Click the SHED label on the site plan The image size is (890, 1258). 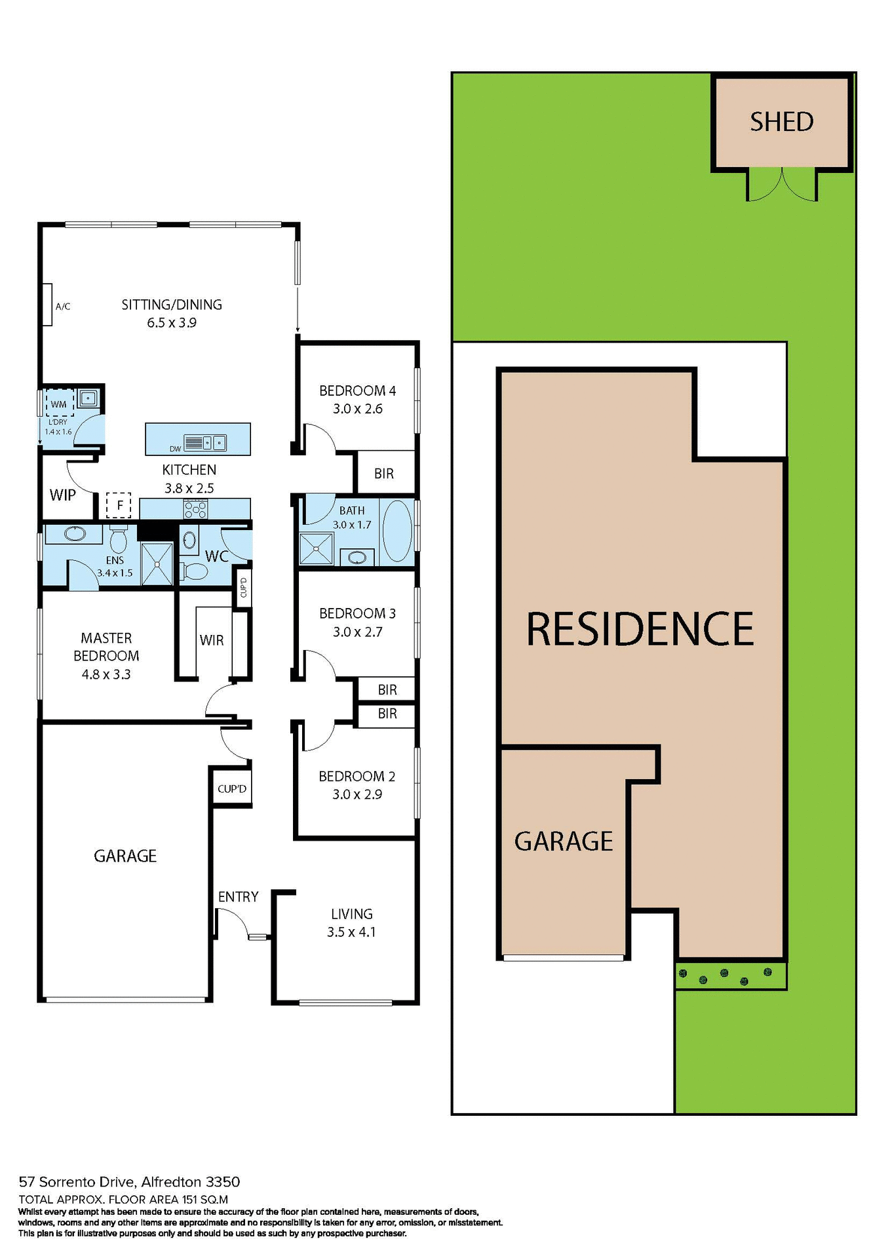781,122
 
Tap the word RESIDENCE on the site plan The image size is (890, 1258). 640,629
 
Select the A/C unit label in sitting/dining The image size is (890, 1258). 63,306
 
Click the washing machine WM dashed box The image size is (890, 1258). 59,404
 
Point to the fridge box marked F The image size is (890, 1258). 119,505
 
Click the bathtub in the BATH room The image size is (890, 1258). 397,531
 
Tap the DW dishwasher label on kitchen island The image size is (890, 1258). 175,449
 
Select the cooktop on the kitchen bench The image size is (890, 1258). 195,509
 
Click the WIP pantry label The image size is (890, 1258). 63,495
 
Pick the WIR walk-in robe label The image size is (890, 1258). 212,640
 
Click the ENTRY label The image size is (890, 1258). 238,896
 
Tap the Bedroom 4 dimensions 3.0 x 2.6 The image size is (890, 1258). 357,409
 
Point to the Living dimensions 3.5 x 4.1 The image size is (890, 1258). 351,932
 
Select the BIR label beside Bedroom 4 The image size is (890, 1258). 384,473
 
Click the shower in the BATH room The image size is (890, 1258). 316,549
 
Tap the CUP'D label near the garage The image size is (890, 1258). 232,789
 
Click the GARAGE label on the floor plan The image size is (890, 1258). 125,856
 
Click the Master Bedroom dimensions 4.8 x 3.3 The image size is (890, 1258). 106,674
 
